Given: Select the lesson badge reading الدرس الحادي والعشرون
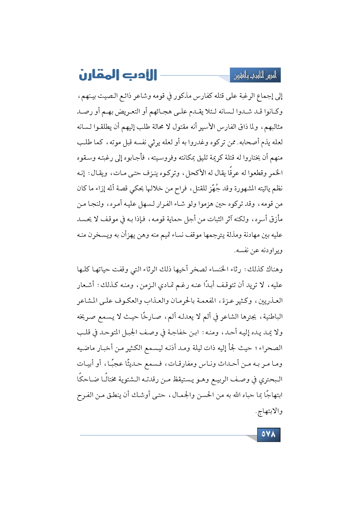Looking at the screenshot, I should coord(255,75).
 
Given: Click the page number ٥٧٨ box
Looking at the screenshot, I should coord(269,434).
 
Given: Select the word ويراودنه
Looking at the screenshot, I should coord(271,250).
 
